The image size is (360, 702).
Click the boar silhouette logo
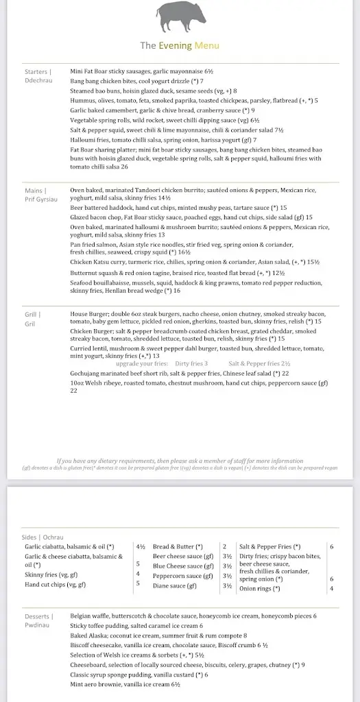tap(180, 16)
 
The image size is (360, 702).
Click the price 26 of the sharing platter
tap(124, 167)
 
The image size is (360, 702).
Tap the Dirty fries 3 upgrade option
tap(191, 363)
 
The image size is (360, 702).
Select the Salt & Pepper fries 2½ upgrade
tap(259, 363)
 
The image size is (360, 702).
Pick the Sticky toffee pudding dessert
tap(136, 626)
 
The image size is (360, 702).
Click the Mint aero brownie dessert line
tap(125, 684)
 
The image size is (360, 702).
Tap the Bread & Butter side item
tap(178, 546)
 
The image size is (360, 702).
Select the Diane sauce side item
tap(175, 586)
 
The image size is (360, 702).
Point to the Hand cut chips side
tap(55, 584)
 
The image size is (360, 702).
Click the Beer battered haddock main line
tap(178, 207)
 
